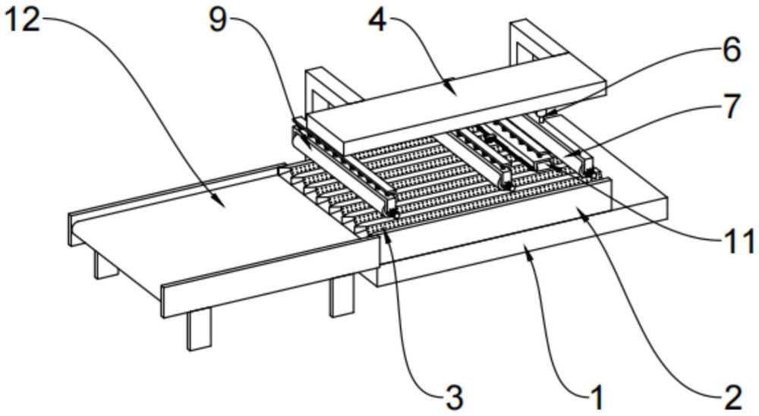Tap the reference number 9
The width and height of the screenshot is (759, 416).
218,19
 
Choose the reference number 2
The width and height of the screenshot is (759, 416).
731,395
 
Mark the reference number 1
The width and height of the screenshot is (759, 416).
598,395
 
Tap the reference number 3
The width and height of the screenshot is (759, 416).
453,395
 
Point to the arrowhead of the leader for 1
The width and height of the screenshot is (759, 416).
526,257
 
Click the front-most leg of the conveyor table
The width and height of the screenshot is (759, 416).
198,331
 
